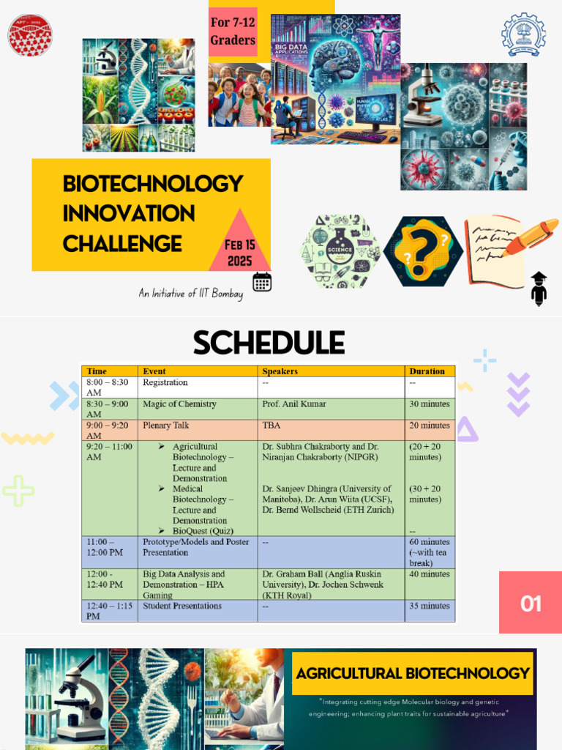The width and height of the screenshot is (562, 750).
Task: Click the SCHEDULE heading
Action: tap(269, 343)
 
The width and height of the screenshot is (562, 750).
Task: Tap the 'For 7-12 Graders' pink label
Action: tap(233, 31)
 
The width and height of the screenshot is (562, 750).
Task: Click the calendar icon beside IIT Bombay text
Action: tap(262, 282)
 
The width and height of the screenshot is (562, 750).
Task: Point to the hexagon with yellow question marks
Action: tap(422, 251)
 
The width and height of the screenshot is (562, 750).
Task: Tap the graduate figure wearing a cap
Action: tap(539, 289)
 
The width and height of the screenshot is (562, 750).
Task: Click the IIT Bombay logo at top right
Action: tap(523, 34)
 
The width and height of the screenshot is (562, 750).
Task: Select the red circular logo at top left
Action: tap(30, 36)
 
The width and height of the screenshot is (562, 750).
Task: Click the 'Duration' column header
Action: tap(427, 371)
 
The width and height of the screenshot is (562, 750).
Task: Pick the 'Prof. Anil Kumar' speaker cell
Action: tap(294, 404)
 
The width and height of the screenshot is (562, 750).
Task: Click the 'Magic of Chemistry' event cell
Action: tap(179, 404)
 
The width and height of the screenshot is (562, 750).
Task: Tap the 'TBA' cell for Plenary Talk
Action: tap(271, 426)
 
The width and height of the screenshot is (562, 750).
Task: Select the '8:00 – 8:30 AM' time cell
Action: tap(108, 387)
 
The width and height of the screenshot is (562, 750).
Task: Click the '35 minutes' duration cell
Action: tap(430, 606)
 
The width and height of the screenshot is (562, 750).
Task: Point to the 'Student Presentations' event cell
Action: tap(182, 606)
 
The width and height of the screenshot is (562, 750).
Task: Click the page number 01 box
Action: tap(531, 603)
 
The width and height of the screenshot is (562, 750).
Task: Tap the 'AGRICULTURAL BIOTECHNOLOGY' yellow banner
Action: tap(413, 673)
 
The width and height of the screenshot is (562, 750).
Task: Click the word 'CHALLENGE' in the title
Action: tap(122, 243)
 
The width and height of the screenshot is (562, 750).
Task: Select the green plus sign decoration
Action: tap(18, 491)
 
